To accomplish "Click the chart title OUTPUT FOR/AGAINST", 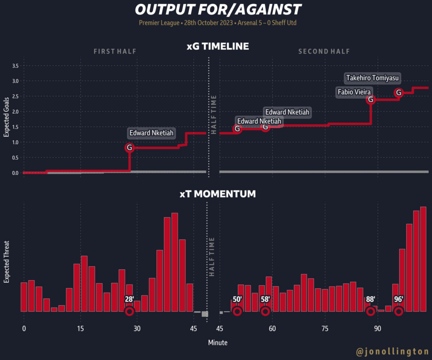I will point(218,9).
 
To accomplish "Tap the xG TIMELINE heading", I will point(218,46).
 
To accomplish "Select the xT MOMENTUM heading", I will point(217,194).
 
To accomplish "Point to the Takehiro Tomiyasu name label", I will point(373,78).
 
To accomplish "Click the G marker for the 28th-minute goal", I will point(130,148).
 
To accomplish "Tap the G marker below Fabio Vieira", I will point(370,100).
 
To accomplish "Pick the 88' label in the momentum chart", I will point(371,299).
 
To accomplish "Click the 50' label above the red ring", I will point(237,299).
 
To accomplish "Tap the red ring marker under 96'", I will point(399,311).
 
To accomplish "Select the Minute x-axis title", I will point(218,343).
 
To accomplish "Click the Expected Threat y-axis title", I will point(7,262).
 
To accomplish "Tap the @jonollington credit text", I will point(393,351).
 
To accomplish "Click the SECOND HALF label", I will point(324,52).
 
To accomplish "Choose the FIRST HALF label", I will point(115,52).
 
